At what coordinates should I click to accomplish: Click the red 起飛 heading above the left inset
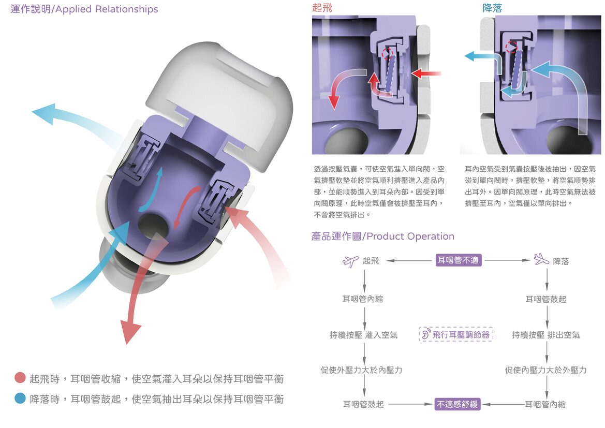[x=322, y=8]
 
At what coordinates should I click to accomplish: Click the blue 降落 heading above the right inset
[x=492, y=8]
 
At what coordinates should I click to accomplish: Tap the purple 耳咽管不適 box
[x=459, y=260]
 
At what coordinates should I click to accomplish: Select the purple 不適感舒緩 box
[x=458, y=404]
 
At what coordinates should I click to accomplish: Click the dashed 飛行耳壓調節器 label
[x=455, y=334]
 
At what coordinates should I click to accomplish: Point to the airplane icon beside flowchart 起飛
[x=350, y=260]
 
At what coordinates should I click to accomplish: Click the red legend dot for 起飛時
[x=20, y=378]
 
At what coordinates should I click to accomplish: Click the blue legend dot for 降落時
[x=20, y=399]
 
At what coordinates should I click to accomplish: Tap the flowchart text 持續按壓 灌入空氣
[x=363, y=335]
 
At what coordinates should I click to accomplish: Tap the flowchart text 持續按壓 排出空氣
[x=545, y=335]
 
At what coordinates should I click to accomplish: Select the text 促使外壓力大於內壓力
[x=361, y=370]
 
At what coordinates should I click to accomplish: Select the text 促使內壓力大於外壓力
[x=545, y=370]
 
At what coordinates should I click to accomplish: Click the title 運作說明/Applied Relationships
[x=84, y=9]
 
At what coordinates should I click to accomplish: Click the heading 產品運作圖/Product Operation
[x=383, y=237]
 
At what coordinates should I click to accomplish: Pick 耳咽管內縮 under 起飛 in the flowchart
[x=362, y=299]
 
